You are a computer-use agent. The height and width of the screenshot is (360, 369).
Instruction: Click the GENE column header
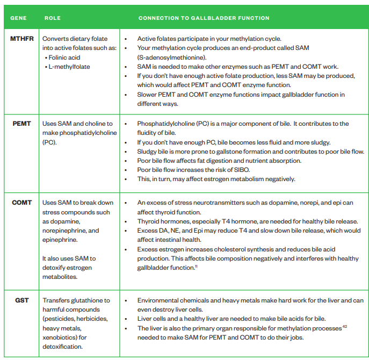[x=19, y=18]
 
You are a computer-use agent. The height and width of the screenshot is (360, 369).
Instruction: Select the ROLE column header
[x=52, y=18]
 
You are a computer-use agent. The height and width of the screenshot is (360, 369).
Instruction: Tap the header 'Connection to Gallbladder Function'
[x=204, y=18]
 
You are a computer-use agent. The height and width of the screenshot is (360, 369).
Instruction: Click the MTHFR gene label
[x=21, y=39]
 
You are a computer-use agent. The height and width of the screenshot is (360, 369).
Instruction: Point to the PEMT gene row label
[x=23, y=124]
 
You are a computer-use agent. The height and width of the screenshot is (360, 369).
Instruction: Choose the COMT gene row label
[x=22, y=203]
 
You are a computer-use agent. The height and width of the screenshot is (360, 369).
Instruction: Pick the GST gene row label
[x=22, y=300]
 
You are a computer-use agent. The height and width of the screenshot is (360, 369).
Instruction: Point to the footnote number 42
[x=345, y=327]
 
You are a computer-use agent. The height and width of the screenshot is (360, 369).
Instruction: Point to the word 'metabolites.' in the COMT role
[x=60, y=277]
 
